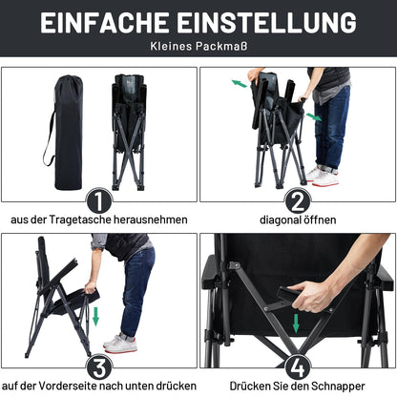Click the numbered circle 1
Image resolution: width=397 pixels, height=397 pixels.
[99, 200]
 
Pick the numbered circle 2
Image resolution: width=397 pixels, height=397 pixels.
[298, 200]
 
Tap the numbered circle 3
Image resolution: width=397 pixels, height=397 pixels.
[99, 368]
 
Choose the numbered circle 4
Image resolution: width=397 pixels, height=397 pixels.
[298, 368]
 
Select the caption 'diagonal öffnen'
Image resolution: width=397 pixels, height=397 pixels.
[298, 219]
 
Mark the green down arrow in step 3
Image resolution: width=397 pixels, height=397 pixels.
[95, 316]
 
